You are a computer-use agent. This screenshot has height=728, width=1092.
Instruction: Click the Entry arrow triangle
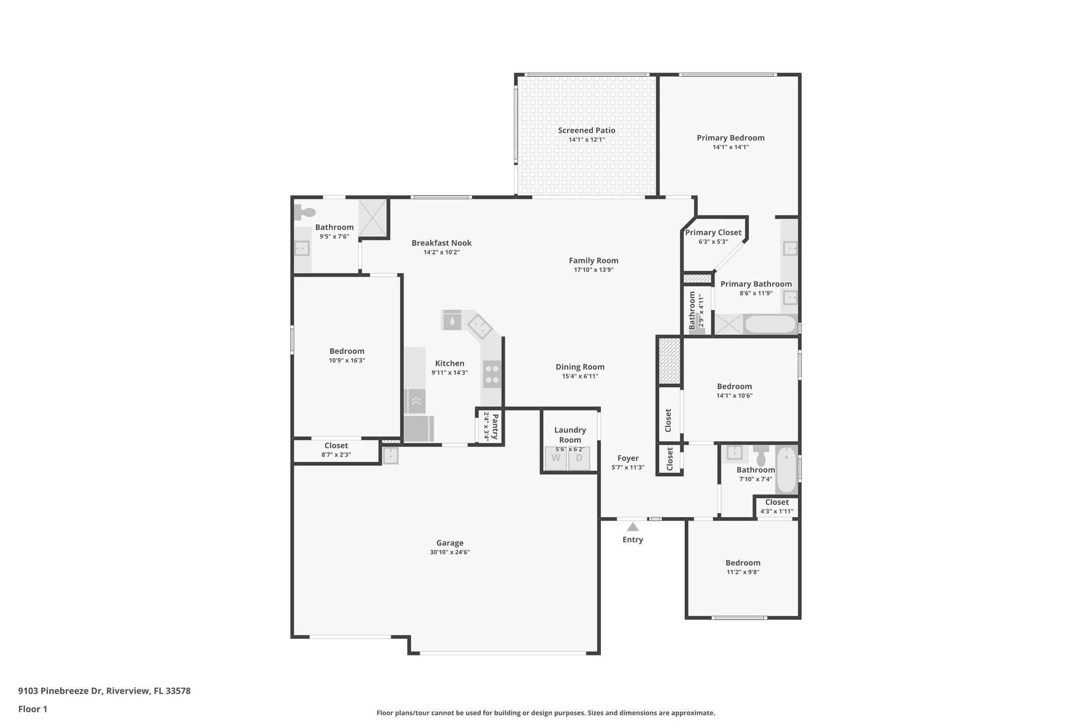[x=632, y=527]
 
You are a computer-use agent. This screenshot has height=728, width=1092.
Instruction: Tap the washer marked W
[x=556, y=458]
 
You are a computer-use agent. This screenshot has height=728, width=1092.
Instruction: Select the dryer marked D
[x=579, y=458]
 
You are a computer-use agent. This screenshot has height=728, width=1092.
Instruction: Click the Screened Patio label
[x=587, y=130]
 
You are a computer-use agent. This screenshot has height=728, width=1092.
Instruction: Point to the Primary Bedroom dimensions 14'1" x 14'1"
[x=730, y=147]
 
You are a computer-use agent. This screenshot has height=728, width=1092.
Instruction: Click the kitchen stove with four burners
[x=492, y=374]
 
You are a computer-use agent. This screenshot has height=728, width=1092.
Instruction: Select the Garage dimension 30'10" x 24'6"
[x=449, y=553]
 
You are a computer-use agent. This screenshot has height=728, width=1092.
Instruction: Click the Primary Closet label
[x=713, y=233]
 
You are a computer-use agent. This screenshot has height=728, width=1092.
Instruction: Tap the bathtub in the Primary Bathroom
[x=770, y=324]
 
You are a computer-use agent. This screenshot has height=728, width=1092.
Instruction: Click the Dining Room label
[x=580, y=367]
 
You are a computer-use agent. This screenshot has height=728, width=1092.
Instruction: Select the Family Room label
[x=593, y=261]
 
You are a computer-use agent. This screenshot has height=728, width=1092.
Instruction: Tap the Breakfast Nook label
[x=441, y=243]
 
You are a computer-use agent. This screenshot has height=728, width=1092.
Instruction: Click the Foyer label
[x=628, y=458]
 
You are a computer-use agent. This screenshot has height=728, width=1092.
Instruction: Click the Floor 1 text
[x=33, y=709]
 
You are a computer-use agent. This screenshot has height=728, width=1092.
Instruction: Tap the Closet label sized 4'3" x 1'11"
[x=776, y=502]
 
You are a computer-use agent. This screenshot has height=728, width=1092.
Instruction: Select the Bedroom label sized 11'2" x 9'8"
[x=743, y=563]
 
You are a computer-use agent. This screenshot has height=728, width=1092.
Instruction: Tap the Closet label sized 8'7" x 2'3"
[x=336, y=446]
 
